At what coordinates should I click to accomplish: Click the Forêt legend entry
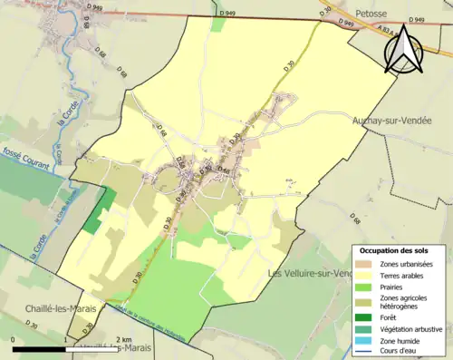pos(391,318)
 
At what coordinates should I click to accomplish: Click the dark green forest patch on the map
pos(100,211)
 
